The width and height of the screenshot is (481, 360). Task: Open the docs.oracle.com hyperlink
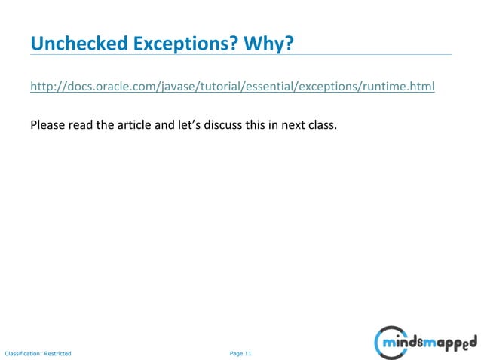point(232,87)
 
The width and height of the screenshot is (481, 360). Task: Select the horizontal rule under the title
point(241,55)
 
